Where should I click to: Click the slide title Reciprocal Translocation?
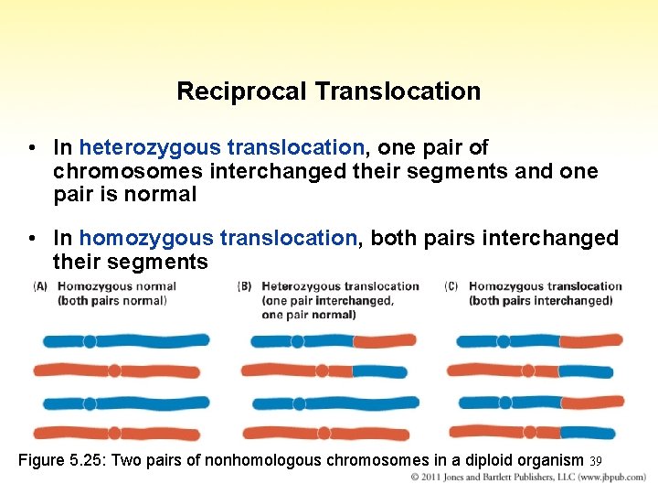(328, 91)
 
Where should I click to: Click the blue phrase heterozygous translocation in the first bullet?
(222, 147)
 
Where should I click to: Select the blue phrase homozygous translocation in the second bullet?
(218, 238)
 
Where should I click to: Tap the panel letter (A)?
(41, 286)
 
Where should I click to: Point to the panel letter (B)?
(245, 286)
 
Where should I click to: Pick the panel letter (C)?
(451, 286)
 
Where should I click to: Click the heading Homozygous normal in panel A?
(117, 286)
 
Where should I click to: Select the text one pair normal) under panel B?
(309, 315)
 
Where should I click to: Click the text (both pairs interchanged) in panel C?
(540, 301)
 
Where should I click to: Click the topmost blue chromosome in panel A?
(125, 341)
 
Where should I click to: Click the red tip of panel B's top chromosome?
(385, 341)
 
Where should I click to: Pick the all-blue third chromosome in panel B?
(334, 403)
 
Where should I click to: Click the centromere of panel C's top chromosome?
(504, 341)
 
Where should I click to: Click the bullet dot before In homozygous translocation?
(32, 239)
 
